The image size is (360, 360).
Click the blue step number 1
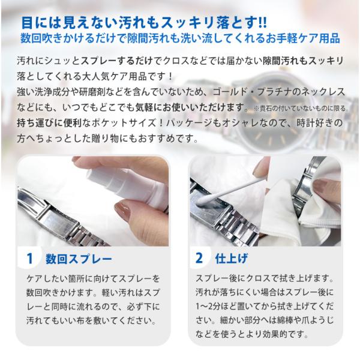click(x=30, y=259)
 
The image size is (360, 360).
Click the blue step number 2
click(x=199, y=258)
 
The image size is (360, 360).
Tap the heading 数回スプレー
click(x=79, y=259)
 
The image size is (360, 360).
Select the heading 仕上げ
click(x=232, y=258)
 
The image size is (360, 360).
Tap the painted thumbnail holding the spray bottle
click(x=122, y=208)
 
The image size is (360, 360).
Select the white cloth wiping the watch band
click(x=303, y=206)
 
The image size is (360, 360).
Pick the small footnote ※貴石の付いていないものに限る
click(x=299, y=108)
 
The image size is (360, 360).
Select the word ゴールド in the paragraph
click(x=230, y=92)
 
